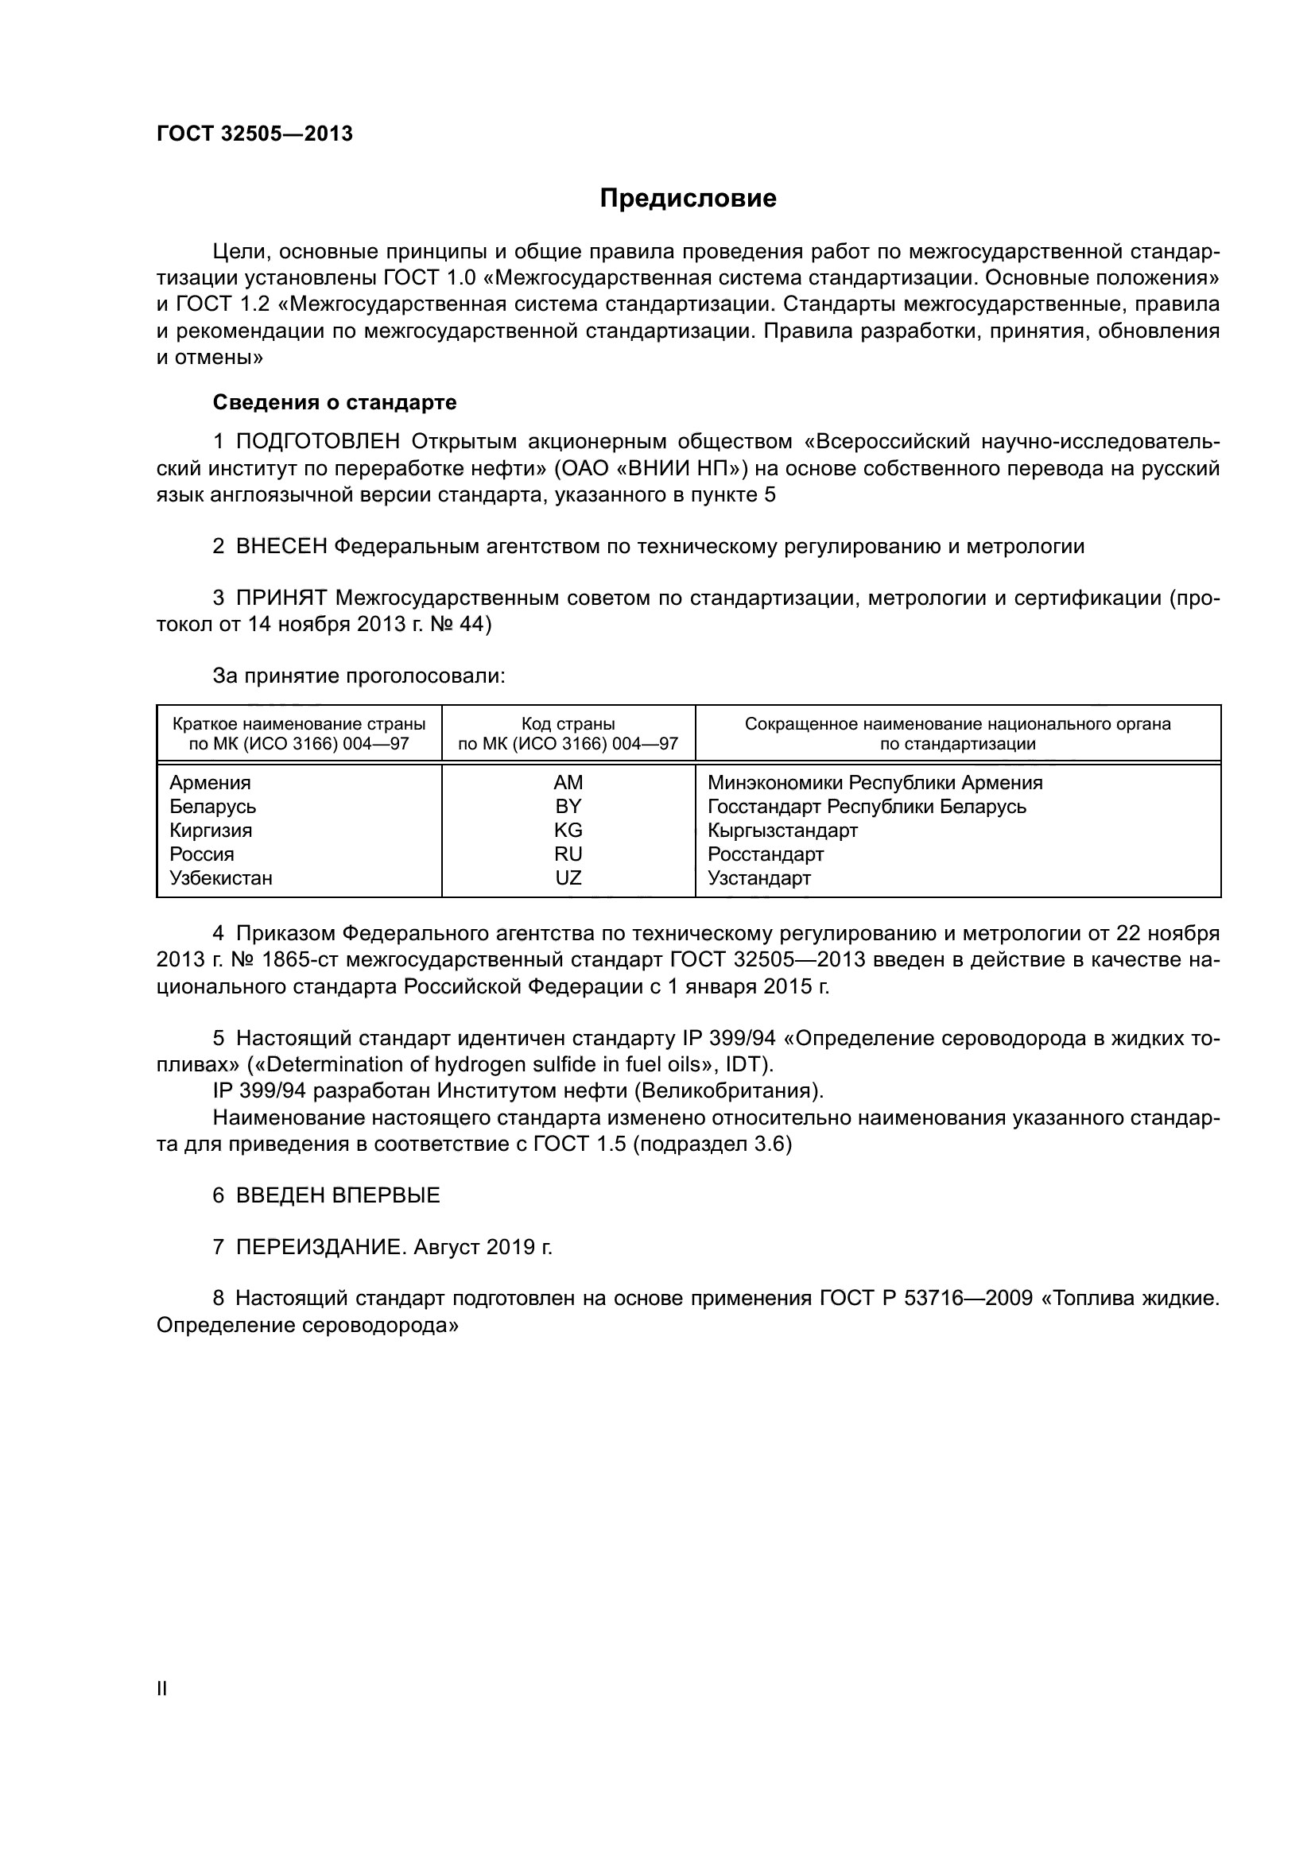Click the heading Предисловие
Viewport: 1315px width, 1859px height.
coord(688,199)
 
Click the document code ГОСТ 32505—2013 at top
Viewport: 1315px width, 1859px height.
coord(254,134)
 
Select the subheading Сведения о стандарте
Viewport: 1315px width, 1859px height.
coord(335,402)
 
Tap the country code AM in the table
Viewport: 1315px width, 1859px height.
coord(568,783)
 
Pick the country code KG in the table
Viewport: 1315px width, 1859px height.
coord(568,831)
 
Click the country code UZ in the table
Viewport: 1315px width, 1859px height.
coord(568,878)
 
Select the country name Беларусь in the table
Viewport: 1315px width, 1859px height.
coord(212,808)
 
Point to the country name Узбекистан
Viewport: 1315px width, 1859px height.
coord(220,878)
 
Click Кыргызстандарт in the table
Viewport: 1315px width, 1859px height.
coord(782,831)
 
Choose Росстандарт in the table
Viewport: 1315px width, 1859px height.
coord(765,855)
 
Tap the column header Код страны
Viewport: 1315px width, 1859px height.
coord(568,724)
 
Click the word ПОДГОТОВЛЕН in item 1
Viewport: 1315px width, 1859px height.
coord(317,442)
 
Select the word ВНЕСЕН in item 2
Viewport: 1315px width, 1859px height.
coord(281,548)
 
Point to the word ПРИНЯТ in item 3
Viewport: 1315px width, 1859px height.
coord(281,599)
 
